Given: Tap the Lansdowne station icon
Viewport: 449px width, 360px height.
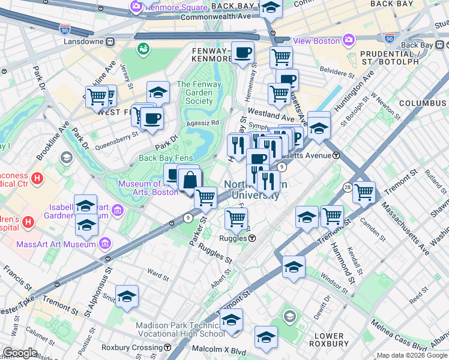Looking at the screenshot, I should tap(110, 43).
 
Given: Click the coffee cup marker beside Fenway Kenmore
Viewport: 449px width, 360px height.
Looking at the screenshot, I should tap(243, 53).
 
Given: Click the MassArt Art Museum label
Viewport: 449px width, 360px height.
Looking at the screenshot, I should tap(65, 244).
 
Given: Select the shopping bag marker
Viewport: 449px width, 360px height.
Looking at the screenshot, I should tap(190, 179).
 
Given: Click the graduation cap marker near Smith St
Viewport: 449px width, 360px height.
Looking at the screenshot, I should tap(127, 296).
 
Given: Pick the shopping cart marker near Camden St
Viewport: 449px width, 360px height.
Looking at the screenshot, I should tap(364, 193).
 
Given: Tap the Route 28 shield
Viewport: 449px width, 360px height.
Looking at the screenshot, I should tap(347, 188).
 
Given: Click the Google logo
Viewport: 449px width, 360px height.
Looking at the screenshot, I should tap(20, 353).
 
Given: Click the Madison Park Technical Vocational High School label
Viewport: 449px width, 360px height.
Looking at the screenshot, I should tap(180, 329).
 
